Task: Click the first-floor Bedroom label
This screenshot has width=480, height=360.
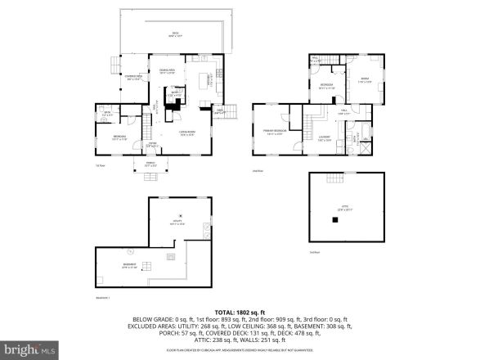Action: point(119,138)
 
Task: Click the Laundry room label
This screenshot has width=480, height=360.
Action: point(324,138)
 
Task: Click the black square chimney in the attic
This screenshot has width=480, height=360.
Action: point(334,218)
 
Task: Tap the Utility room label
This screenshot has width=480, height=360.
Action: point(176,222)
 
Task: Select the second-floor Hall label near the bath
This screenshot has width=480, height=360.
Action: point(345,112)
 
